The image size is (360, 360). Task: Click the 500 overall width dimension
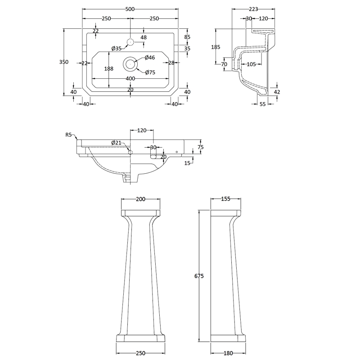tap(130, 8)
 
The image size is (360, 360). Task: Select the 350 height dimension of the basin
tap(64, 62)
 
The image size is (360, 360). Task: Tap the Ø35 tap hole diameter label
tap(116, 49)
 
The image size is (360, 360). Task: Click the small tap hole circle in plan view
tap(130, 42)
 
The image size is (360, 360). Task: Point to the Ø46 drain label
tap(150, 58)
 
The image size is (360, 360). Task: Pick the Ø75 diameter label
tap(150, 72)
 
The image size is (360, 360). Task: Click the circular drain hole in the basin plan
tap(130, 64)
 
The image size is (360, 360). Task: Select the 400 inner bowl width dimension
tap(130, 79)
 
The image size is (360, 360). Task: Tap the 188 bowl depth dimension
tap(108, 68)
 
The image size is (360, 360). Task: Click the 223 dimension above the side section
tap(253, 8)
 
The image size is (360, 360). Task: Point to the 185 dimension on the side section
tap(216, 47)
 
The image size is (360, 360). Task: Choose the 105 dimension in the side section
tap(251, 64)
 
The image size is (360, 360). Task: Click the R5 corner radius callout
tap(68, 134)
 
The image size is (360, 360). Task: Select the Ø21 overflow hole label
tap(117, 143)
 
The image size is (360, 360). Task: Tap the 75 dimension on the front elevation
tap(201, 147)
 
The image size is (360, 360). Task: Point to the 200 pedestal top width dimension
tap(141, 199)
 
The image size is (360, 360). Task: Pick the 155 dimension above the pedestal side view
tap(226, 199)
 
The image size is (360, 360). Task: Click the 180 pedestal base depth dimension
tap(228, 353)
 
